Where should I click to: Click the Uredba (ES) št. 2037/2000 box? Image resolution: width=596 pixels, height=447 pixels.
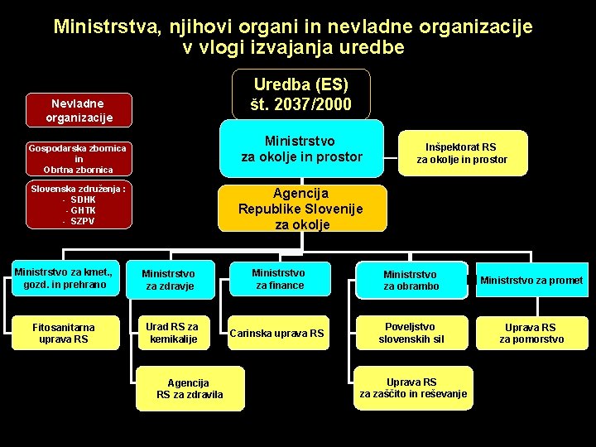(x=300, y=94)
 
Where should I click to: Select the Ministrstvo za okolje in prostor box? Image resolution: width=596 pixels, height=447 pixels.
(x=301, y=148)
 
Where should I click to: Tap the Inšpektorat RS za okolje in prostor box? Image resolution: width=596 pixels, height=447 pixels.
(x=461, y=152)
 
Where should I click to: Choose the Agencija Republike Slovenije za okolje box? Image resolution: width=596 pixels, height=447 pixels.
(x=301, y=208)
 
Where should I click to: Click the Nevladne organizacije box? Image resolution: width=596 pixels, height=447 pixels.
(x=79, y=110)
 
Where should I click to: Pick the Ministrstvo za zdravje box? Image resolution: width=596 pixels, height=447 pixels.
(x=168, y=280)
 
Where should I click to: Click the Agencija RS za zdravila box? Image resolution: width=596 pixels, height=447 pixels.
(x=190, y=388)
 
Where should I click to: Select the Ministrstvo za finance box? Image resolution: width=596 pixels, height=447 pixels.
(x=279, y=279)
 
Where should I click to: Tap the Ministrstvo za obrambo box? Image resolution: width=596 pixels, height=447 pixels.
(x=411, y=280)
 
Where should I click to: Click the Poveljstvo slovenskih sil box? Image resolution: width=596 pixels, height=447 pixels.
(x=411, y=333)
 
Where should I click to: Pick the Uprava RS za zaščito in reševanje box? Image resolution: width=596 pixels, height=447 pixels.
(x=413, y=387)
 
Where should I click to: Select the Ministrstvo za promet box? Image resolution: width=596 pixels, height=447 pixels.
(x=531, y=280)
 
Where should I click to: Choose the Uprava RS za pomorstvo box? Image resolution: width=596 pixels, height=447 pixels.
(x=531, y=333)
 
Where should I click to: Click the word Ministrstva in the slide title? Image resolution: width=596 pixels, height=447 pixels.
(x=106, y=26)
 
